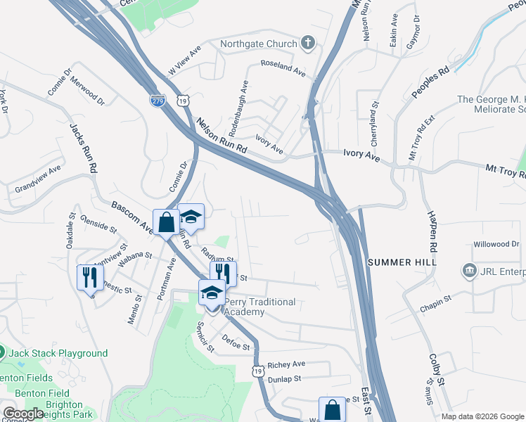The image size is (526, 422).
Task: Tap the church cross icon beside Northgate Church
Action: (307, 44)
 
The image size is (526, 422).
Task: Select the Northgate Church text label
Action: (259, 44)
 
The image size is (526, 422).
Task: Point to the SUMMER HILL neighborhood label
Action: (402, 262)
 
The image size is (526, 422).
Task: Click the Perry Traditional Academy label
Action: (259, 307)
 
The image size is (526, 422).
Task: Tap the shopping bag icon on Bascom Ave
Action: (166, 223)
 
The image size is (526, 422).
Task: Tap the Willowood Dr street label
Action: (496, 244)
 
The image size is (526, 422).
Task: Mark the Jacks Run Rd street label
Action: (82, 148)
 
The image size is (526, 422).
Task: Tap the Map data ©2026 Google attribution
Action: (482, 416)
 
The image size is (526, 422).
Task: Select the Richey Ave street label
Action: (286, 364)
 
